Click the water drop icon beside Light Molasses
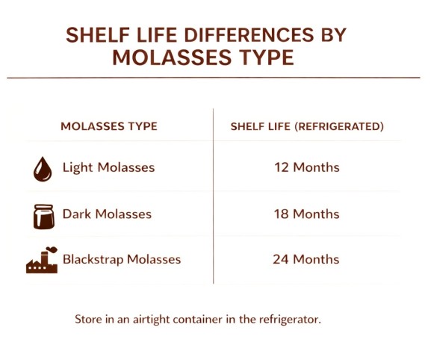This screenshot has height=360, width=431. tap(43, 169)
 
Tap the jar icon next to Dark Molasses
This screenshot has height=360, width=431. tap(44, 215)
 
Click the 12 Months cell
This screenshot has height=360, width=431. tap(307, 167)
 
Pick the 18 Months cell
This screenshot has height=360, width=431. tap(307, 214)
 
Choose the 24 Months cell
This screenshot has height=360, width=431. tap(307, 259)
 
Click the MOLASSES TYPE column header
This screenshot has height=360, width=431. tap(108, 126)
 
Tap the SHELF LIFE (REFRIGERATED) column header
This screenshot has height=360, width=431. tap(307, 126)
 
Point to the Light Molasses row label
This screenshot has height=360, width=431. tap(108, 167)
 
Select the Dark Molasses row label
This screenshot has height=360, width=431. tap(107, 214)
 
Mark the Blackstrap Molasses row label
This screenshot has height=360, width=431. tap(122, 259)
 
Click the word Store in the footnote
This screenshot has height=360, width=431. tap(87, 319)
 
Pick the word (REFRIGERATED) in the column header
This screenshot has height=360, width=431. tap(340, 126)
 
